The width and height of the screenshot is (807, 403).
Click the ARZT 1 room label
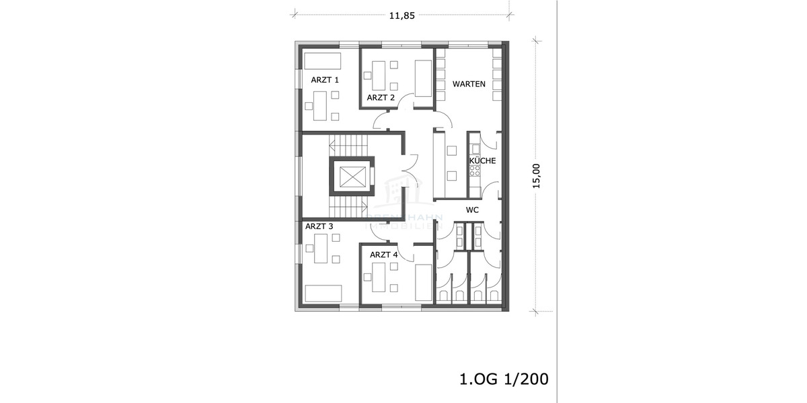tap(325, 80)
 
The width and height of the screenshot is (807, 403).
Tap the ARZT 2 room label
tap(381, 98)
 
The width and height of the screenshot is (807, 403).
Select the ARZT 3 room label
tap(319, 226)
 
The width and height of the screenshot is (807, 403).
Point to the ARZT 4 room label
tap(384, 255)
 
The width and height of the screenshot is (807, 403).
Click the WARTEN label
tap(469, 84)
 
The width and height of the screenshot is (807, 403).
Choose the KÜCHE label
tap(482, 161)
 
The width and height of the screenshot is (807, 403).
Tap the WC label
tap(472, 210)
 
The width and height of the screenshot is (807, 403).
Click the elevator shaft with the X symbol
tap(352, 177)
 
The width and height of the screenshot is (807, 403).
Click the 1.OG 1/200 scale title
tap(504, 379)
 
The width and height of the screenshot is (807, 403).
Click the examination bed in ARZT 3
tap(323, 294)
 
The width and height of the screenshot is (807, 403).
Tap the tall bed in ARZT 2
tap(424, 79)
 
